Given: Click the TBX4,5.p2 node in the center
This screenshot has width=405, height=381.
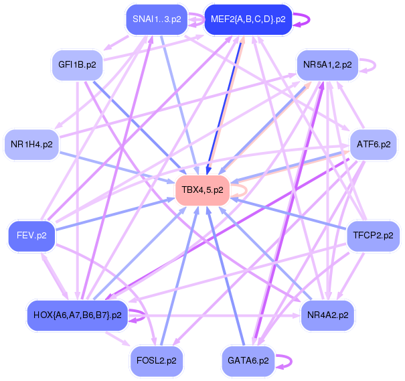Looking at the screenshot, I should click(203, 190).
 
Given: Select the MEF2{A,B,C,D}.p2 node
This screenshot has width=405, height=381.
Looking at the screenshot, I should click(248, 19).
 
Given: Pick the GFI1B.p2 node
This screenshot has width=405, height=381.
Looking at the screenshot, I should click(77, 65).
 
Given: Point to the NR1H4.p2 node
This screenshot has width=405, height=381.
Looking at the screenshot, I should click(31, 143).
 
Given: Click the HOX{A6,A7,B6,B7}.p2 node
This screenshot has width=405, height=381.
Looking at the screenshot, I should click(77, 314).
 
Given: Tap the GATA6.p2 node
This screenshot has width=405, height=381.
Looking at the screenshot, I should click(248, 360).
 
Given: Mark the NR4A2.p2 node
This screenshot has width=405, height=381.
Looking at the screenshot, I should click(328, 314).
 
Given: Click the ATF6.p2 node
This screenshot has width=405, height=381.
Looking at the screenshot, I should click(374, 143).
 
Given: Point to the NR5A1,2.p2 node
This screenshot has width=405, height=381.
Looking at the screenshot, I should click(328, 65).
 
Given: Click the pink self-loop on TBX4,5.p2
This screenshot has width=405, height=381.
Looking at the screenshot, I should click(246, 190).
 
